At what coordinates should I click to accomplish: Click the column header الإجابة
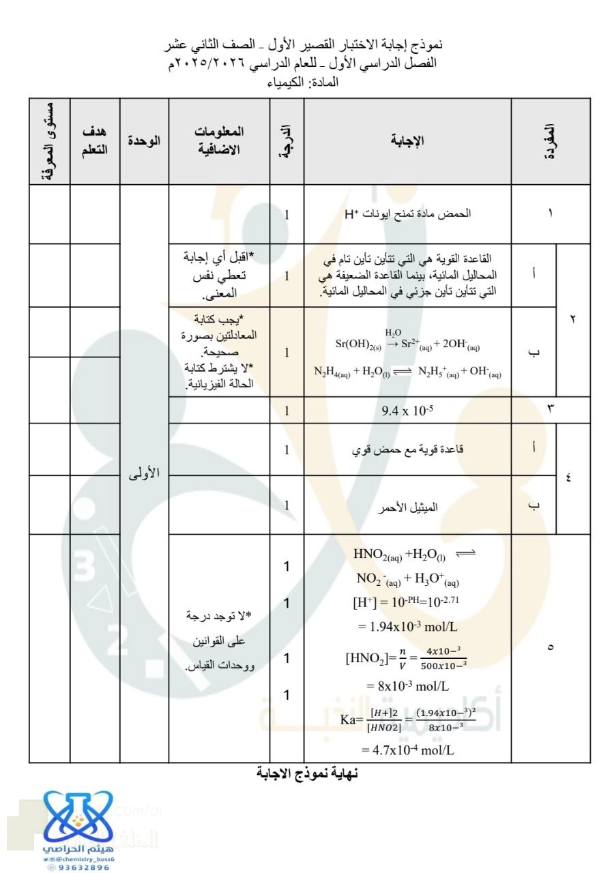coord(407,140)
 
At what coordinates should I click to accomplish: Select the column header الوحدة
coord(145,140)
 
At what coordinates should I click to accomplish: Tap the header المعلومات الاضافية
coord(219,140)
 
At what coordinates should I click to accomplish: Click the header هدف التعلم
coord(95,140)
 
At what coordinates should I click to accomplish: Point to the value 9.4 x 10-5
coord(407,411)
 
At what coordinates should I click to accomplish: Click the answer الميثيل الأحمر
coord(407,507)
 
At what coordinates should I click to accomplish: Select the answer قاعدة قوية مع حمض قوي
coord(408,449)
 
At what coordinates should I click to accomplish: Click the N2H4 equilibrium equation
coord(408,371)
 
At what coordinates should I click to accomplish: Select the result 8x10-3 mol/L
coord(408,685)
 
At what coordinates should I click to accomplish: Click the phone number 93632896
coord(79,868)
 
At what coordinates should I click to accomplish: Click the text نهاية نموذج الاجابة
coord(306,773)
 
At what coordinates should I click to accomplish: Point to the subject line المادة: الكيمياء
coord(306,83)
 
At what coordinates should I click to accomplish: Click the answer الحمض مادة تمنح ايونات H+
coord(407,214)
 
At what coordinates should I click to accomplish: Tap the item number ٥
coord(551,647)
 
